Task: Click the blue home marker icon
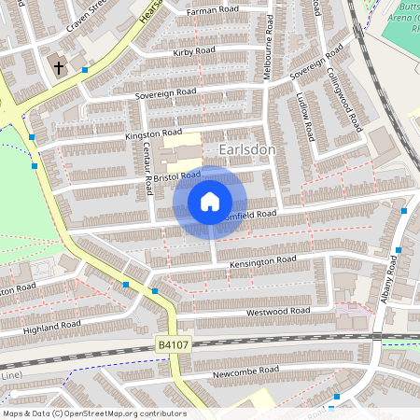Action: tap(210, 202)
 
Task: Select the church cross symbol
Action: tap(58, 67)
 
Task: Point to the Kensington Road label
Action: tap(262, 265)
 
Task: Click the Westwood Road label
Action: tap(277, 312)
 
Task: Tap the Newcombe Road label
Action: tap(245, 371)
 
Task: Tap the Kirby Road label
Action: tap(194, 52)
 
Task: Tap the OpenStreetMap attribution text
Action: tap(94, 413)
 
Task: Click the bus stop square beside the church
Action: tap(85, 69)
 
